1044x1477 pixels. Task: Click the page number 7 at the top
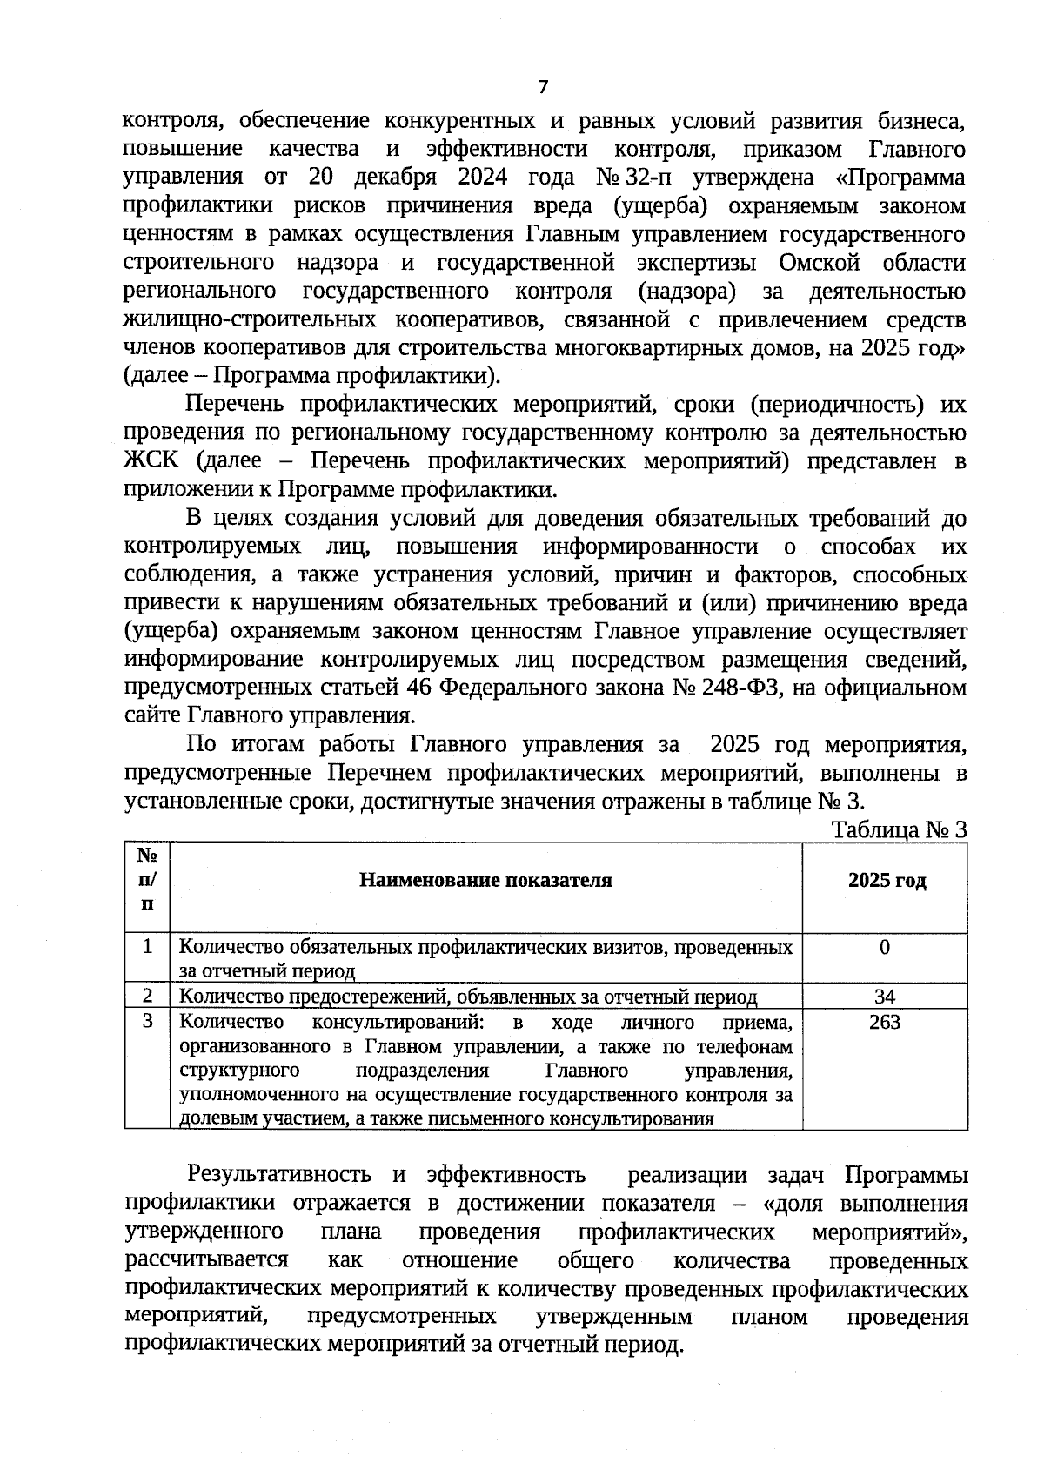(x=544, y=87)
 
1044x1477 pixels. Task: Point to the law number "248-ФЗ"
(x=745, y=688)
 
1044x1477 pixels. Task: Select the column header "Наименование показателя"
(x=485, y=881)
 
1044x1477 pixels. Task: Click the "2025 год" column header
(x=887, y=881)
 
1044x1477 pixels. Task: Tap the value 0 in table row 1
(x=885, y=948)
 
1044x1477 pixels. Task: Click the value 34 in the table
(x=885, y=997)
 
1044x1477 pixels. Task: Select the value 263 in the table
(x=885, y=1022)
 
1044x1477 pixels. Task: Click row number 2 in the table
(x=148, y=996)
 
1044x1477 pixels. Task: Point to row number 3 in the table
(x=148, y=1021)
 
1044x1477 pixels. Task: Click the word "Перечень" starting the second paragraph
(x=234, y=405)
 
